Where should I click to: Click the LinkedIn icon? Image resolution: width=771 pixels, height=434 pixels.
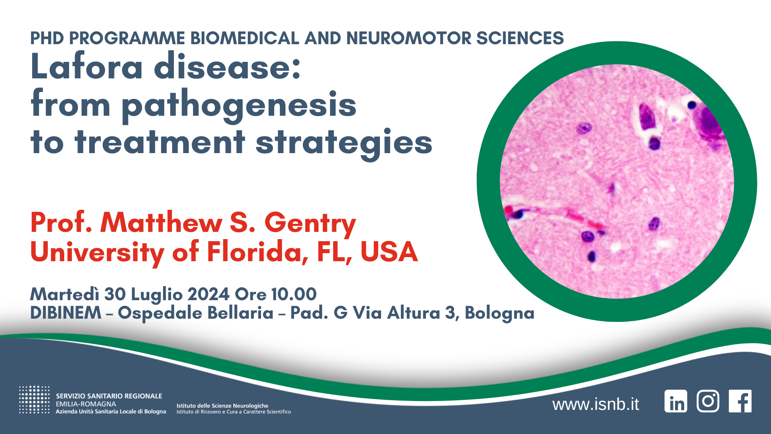click(x=676, y=401)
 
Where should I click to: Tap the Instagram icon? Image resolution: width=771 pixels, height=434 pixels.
click(x=708, y=401)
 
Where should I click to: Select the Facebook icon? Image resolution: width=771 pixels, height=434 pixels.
click(x=740, y=401)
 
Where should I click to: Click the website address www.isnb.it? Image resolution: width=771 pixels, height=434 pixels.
click(x=596, y=404)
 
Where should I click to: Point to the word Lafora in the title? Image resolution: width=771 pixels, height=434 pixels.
click(x=87, y=66)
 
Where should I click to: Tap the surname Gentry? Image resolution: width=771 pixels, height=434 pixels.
click(x=310, y=223)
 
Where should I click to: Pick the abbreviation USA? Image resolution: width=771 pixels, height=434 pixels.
click(x=389, y=252)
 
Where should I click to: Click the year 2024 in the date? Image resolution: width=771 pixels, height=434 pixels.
click(x=208, y=294)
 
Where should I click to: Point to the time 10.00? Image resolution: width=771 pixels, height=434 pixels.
click(x=294, y=294)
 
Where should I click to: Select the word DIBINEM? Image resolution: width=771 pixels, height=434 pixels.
click(x=66, y=313)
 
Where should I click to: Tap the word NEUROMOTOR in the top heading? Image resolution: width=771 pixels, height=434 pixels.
click(x=409, y=38)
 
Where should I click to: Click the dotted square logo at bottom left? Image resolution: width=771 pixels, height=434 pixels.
click(x=34, y=399)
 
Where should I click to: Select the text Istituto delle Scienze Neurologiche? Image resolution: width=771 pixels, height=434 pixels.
click(x=222, y=406)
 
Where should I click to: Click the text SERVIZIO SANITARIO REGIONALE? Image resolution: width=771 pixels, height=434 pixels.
click(x=109, y=396)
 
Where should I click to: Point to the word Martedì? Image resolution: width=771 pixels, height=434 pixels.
click(x=65, y=294)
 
